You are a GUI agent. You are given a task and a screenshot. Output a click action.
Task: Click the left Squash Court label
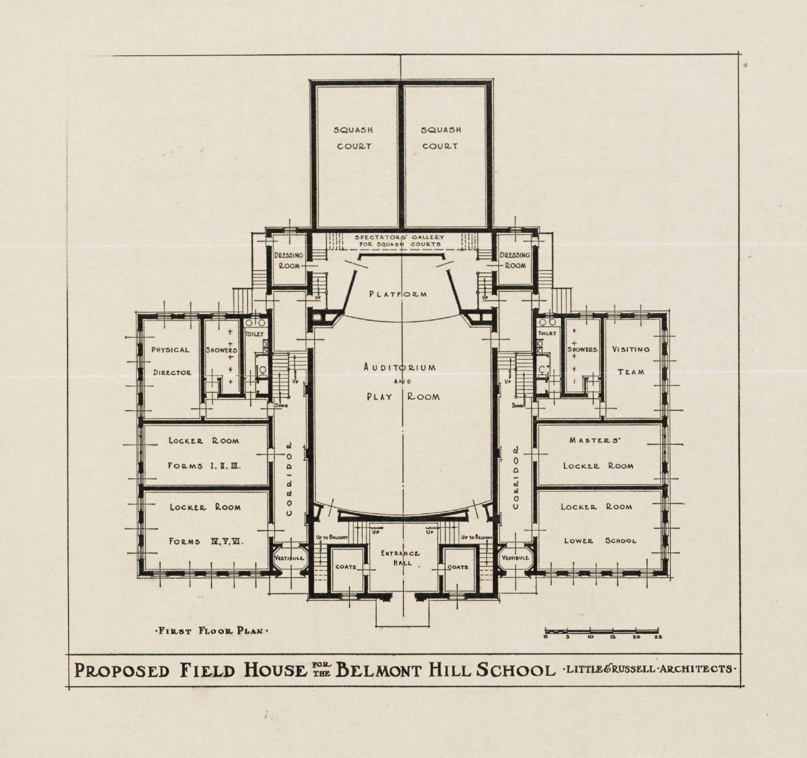tap(353, 138)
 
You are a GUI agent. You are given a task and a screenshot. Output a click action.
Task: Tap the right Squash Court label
tap(441, 138)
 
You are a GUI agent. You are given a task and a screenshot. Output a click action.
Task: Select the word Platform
tap(398, 294)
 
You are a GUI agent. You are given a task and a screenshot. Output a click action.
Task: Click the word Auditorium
tap(400, 367)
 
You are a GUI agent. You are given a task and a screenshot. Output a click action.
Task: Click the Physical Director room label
tap(171, 361)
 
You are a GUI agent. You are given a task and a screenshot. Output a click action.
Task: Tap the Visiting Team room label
tap(631, 361)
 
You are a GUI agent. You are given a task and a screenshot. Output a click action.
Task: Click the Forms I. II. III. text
tap(204, 466)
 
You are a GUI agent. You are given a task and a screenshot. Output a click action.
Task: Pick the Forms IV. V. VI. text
tap(206, 542)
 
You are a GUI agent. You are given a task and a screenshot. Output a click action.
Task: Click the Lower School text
tap(600, 541)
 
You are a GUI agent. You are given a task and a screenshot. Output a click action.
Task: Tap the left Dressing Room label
tap(289, 261)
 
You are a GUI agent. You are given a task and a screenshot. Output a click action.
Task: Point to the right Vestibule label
tap(515, 557)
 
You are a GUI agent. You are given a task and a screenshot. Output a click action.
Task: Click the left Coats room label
tap(346, 567)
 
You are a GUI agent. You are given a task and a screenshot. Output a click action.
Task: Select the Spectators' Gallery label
tap(400, 241)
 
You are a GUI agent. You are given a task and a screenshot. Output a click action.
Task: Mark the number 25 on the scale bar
tap(658, 637)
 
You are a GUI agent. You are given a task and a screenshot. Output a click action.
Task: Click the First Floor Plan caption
tap(211, 631)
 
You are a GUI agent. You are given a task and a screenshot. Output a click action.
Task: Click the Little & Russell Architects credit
tap(649, 669)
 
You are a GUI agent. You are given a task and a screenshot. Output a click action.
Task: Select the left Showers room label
tap(221, 350)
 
